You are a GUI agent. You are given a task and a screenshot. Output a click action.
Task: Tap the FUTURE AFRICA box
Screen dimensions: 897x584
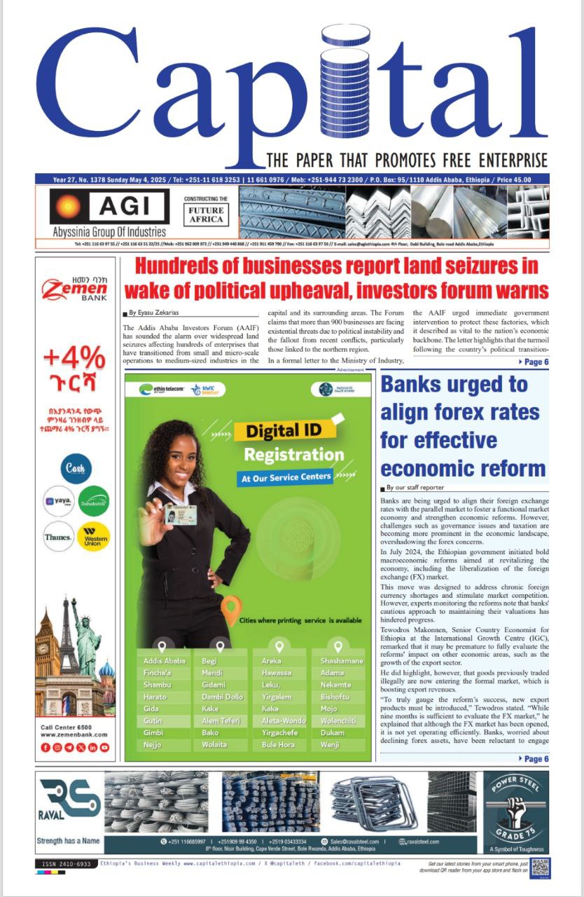pos(206,214)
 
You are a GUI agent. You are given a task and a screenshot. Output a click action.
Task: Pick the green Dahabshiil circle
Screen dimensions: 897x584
pos(93,501)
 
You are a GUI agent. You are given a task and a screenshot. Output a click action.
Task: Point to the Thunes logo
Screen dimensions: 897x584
pos(58,537)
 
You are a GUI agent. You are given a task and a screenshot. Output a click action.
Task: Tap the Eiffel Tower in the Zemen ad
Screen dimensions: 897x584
pos(69,637)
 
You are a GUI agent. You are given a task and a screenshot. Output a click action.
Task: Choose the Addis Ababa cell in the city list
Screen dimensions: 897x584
pos(165,661)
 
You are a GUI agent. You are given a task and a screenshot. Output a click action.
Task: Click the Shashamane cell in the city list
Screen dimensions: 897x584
pos(342,661)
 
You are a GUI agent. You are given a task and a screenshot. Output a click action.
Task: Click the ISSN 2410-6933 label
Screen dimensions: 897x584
pos(66,864)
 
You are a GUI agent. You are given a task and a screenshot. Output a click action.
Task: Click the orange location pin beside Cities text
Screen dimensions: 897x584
pos(230,610)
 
